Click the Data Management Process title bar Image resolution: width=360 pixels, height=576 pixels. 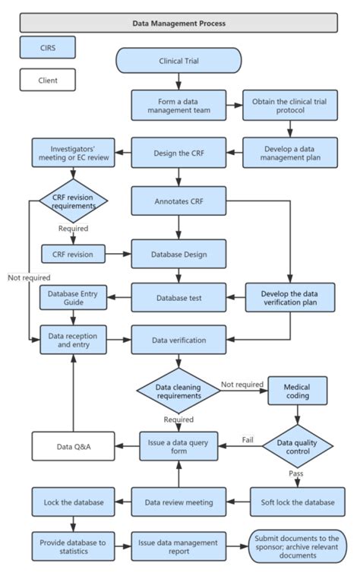click(x=178, y=23)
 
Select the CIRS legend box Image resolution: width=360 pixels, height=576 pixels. click(x=48, y=48)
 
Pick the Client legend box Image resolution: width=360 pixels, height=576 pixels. click(x=48, y=79)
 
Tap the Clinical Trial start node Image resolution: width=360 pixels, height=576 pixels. click(x=178, y=60)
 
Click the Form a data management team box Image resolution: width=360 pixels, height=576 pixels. click(x=178, y=106)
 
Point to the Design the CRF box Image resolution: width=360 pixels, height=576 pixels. click(x=178, y=152)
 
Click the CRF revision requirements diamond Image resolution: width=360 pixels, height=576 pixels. click(x=74, y=201)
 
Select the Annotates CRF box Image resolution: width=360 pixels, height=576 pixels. click(x=178, y=201)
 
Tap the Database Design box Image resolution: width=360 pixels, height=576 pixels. click(x=178, y=253)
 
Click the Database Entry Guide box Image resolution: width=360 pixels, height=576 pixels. click(x=74, y=297)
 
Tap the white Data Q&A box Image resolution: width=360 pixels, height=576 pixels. click(x=74, y=446)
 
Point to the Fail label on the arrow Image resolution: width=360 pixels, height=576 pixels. click(x=248, y=439)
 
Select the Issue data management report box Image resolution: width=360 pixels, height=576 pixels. click(x=178, y=546)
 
